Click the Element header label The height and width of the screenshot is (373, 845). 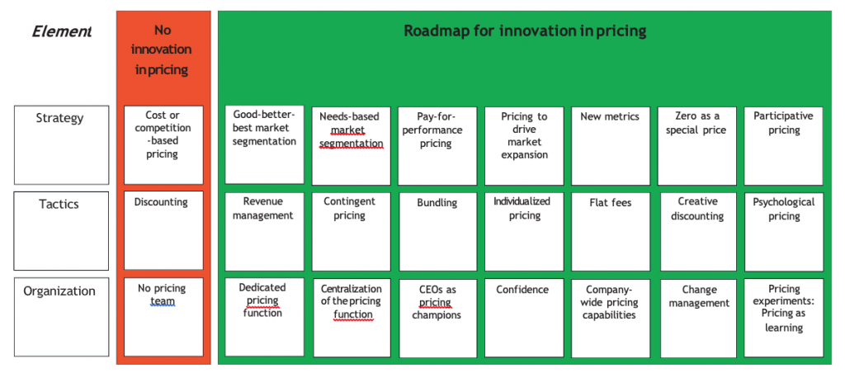point(61,31)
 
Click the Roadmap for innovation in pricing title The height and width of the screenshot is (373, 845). point(525,31)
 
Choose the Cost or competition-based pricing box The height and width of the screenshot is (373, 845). point(163,145)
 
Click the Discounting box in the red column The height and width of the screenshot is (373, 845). point(163,230)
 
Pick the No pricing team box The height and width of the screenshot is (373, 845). point(163,317)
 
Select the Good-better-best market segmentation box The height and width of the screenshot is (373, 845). point(264,144)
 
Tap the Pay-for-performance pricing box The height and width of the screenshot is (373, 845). point(437,146)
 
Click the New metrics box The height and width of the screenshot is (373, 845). point(611,146)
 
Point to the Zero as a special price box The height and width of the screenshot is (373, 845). point(696,146)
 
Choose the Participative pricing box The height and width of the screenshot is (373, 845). point(784,146)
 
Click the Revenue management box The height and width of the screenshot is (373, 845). point(264,232)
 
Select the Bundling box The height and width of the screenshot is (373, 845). point(437,232)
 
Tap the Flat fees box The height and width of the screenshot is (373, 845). point(611,232)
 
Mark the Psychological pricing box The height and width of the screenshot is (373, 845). point(784,232)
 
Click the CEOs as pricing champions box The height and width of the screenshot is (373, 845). point(437,319)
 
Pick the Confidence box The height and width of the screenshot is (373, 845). point(524,318)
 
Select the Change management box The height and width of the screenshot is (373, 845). point(698,319)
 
